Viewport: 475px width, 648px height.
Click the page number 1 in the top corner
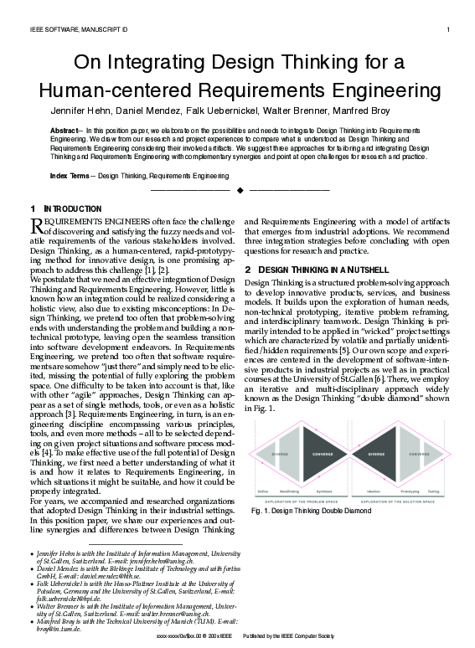[x=449, y=30]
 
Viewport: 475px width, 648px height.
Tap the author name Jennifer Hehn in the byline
[x=82, y=110]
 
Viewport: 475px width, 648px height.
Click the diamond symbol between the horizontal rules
[x=240, y=191]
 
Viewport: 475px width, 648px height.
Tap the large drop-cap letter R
[x=36, y=224]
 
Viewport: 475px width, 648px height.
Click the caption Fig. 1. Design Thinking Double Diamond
[x=311, y=510]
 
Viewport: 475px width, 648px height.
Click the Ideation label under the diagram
[x=374, y=491]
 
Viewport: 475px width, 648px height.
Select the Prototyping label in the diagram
[x=408, y=491]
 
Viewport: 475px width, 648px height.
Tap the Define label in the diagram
[x=262, y=491]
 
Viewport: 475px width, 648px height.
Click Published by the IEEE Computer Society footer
[x=289, y=638]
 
